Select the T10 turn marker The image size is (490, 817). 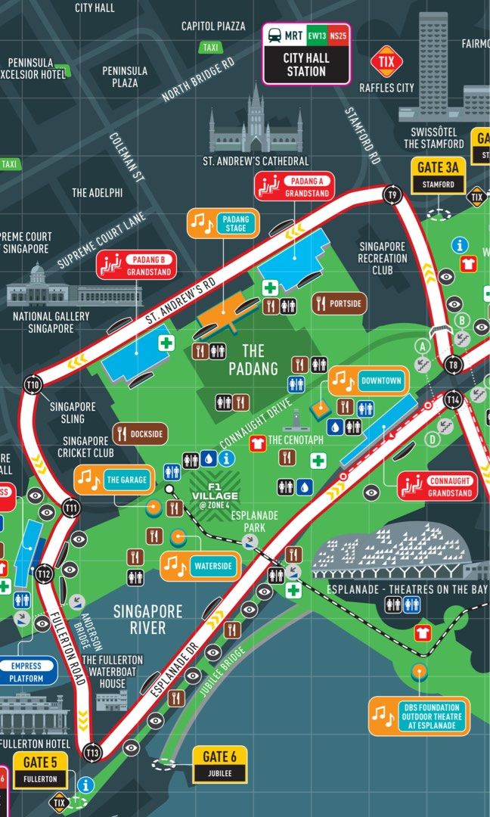coord(33,384)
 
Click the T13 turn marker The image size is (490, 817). coord(93,752)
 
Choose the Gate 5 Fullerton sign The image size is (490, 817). coord(40,769)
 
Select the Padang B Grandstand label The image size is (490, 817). coord(135,264)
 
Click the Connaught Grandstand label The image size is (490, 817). coord(438,486)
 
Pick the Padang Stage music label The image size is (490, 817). coord(223,225)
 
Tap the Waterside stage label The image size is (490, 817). coord(200,565)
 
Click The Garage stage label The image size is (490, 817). coord(114,480)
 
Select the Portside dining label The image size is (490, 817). coord(340,303)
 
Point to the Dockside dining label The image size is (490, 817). coord(140,434)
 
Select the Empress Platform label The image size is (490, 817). coord(28,672)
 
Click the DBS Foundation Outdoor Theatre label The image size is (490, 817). coord(417,715)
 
